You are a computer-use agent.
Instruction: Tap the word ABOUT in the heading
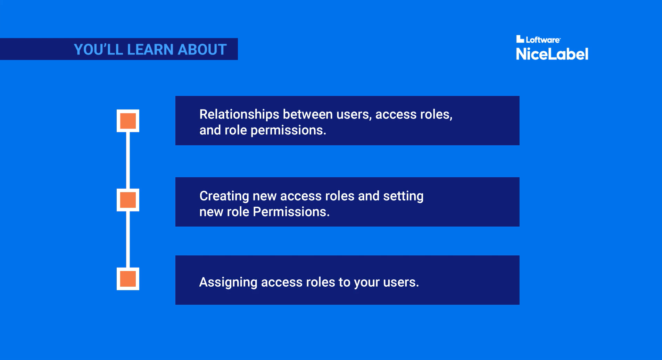[202, 50]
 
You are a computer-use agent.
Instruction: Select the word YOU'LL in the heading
[98, 50]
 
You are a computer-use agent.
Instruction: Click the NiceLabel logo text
[552, 54]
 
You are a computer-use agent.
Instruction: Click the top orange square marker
[128, 121]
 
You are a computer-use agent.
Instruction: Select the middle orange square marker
[128, 200]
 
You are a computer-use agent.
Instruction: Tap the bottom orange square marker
[128, 279]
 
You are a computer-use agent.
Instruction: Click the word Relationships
[239, 115]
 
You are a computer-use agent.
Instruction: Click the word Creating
[224, 196]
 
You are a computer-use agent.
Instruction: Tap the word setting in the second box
[403, 196]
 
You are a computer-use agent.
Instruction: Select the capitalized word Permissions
[291, 212]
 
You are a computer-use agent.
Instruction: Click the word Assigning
[228, 283]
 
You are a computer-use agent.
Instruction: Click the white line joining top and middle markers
[128, 160]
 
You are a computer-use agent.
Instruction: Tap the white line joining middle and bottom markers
[128, 239]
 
